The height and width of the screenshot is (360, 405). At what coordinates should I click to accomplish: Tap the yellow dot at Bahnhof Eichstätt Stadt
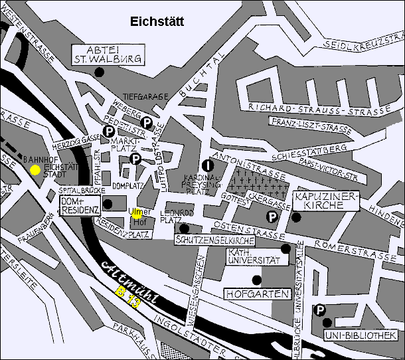(x=35, y=169)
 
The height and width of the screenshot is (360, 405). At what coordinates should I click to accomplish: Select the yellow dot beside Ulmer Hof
(x=136, y=214)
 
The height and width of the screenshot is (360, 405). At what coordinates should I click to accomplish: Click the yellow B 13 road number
(x=128, y=297)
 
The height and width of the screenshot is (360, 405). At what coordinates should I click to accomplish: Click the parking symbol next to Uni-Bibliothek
(x=320, y=310)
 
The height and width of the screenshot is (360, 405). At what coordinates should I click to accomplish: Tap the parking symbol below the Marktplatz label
(x=135, y=158)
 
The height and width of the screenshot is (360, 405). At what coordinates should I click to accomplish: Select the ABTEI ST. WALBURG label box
(x=108, y=54)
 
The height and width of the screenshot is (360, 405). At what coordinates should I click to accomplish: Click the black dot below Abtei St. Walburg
(x=99, y=72)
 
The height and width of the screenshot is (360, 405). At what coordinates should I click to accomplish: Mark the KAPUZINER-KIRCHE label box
(x=326, y=201)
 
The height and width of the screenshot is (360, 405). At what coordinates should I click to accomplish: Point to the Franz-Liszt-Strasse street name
(x=311, y=124)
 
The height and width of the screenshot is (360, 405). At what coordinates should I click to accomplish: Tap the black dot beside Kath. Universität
(x=285, y=249)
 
